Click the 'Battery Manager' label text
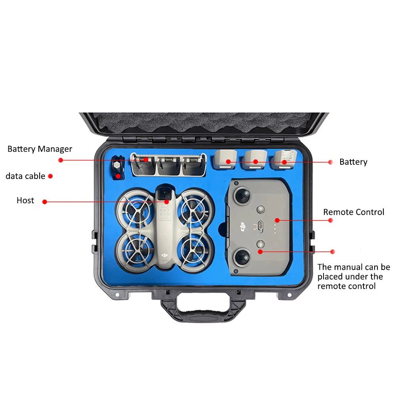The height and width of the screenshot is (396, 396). point(40,149)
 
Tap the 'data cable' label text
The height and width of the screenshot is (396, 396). point(25,176)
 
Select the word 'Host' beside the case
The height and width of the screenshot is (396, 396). point(25,200)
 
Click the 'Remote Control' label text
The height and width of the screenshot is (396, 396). point(354,212)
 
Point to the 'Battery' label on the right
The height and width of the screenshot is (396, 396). point(353,162)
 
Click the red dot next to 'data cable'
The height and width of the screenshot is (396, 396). point(51,176)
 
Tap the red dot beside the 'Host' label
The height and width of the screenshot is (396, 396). point(44,202)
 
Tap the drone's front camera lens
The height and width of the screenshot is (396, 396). point(165,194)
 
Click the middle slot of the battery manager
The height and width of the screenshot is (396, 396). point(169,166)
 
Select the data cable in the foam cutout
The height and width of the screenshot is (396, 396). point(117,168)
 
